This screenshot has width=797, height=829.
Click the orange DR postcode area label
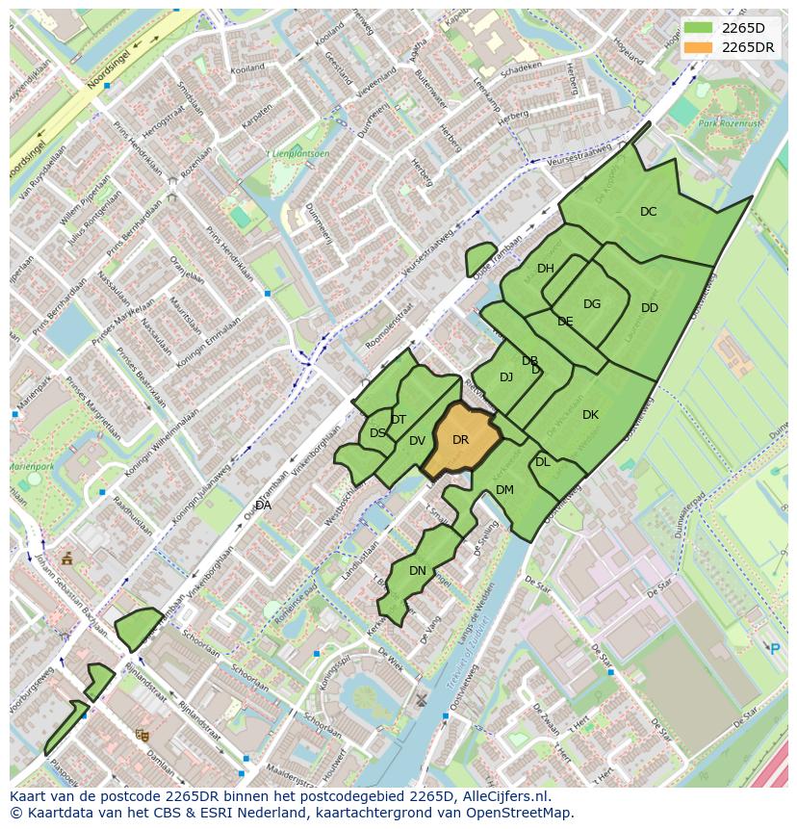pos(460,440)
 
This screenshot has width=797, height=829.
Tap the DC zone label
pos(648,212)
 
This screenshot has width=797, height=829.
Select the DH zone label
pos(546,269)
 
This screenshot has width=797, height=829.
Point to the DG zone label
pos(592,304)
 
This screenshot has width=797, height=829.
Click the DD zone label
pos(650,308)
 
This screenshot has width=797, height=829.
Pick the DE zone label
pos(565,322)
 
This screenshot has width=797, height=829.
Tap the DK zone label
pos(590,415)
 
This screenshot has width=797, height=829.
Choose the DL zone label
pos(543,462)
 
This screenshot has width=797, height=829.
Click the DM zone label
pos(504,490)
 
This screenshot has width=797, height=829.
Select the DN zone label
pos(418,571)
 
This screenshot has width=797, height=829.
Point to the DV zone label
pos(417,441)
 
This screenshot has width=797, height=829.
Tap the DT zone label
pos(398,420)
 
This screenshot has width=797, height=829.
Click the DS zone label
pos(377,433)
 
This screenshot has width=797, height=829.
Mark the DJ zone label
pos(506,377)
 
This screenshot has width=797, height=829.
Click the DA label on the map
pos(263,505)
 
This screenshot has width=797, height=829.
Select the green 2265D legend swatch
pos(699,27)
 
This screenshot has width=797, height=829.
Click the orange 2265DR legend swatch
pos(699,47)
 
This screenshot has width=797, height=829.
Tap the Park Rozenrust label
pos(730,124)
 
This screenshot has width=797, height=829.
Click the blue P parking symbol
pos(775,649)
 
